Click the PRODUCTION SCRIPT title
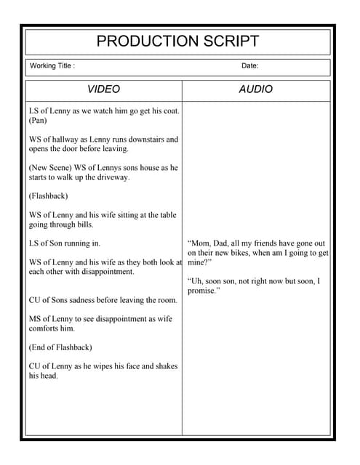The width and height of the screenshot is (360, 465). (x=177, y=41)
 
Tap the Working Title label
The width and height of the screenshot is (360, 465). (x=52, y=66)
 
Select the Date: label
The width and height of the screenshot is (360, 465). (x=249, y=66)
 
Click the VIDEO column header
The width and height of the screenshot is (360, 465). (x=103, y=89)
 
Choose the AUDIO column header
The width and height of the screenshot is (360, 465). (x=256, y=89)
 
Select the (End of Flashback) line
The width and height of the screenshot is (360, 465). (x=60, y=347)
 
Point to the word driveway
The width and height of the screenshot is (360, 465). (x=111, y=177)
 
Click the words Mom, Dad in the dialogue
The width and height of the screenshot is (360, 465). (x=210, y=243)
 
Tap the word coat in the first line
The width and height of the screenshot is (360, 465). (x=169, y=111)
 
